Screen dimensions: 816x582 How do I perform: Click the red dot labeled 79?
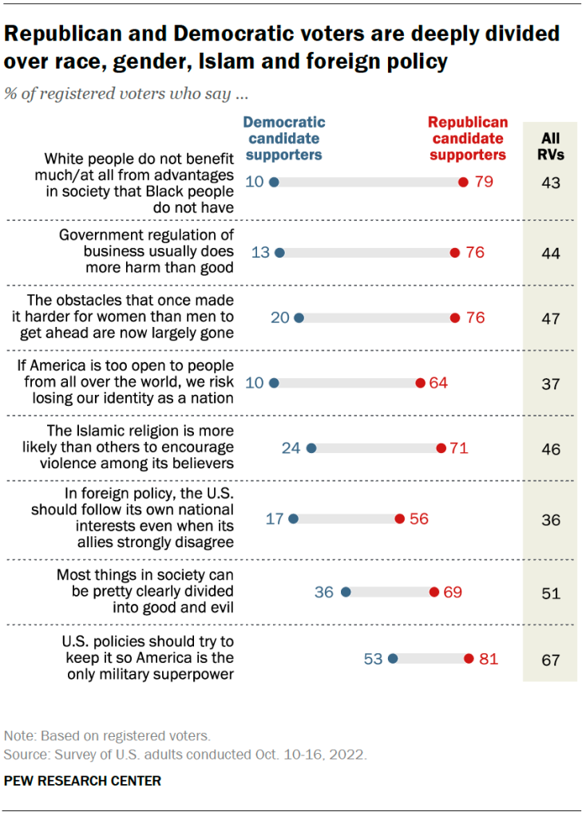click(463, 182)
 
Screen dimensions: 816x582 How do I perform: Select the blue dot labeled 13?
click(279, 253)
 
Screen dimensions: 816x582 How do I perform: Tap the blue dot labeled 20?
click(299, 318)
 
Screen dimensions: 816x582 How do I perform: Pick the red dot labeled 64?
click(421, 383)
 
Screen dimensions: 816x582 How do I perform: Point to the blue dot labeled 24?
click(311, 448)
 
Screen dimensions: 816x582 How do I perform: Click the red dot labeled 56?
click(399, 518)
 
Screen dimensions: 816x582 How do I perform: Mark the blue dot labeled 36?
click(346, 593)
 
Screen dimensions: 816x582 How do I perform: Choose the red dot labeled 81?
click(469, 659)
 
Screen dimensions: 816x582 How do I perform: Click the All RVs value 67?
click(551, 660)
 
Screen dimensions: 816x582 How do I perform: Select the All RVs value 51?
click(551, 593)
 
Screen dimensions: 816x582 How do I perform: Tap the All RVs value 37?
click(551, 384)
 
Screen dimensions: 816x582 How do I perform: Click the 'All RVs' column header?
click(551, 146)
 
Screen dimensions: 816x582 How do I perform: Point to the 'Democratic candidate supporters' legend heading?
click(284, 139)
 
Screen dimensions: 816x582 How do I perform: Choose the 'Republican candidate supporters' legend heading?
click(468, 139)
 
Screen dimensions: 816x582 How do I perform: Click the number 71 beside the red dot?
click(458, 448)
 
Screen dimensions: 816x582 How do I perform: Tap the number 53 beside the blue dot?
click(374, 659)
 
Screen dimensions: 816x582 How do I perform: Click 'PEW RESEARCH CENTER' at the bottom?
click(83, 781)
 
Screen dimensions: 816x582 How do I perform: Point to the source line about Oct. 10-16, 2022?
click(186, 754)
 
